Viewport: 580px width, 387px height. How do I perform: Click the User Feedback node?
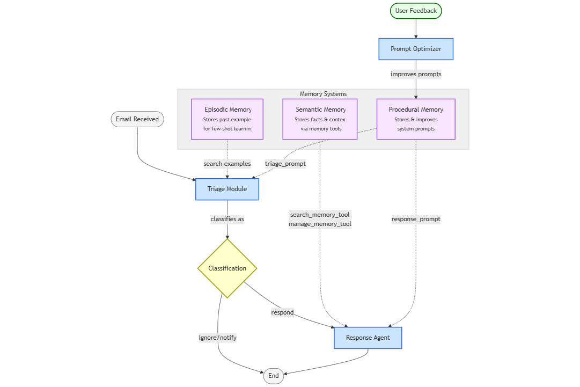[x=416, y=11]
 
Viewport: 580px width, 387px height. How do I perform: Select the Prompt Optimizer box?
[x=416, y=49]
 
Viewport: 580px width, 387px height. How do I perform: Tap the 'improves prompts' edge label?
[x=416, y=75]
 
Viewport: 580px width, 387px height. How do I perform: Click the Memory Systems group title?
[x=323, y=94]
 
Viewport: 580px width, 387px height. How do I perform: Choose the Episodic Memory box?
[x=227, y=119]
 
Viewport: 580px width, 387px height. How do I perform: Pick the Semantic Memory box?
[x=320, y=119]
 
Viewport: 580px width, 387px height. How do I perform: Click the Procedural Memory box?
[x=416, y=119]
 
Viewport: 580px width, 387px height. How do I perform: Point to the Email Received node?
[x=137, y=119]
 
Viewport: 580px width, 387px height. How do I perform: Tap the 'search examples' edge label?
[x=227, y=164]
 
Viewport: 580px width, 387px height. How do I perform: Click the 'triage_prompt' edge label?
[x=285, y=164]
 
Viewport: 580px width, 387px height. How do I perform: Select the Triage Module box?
[x=227, y=189]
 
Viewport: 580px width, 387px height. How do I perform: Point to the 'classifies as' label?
[x=227, y=219]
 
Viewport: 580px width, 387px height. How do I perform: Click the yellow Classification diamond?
[x=227, y=268]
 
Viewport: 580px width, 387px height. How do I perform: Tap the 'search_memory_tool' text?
[x=320, y=215]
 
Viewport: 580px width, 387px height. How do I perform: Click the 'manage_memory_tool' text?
[x=320, y=224]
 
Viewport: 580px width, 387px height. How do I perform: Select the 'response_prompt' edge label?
[x=416, y=219]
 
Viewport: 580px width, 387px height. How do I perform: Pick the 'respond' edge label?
[x=282, y=312]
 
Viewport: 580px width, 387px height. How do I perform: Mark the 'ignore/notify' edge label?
[x=218, y=338]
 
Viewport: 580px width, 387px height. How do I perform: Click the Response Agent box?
[x=368, y=338]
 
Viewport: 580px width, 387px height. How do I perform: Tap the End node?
[x=273, y=376]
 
